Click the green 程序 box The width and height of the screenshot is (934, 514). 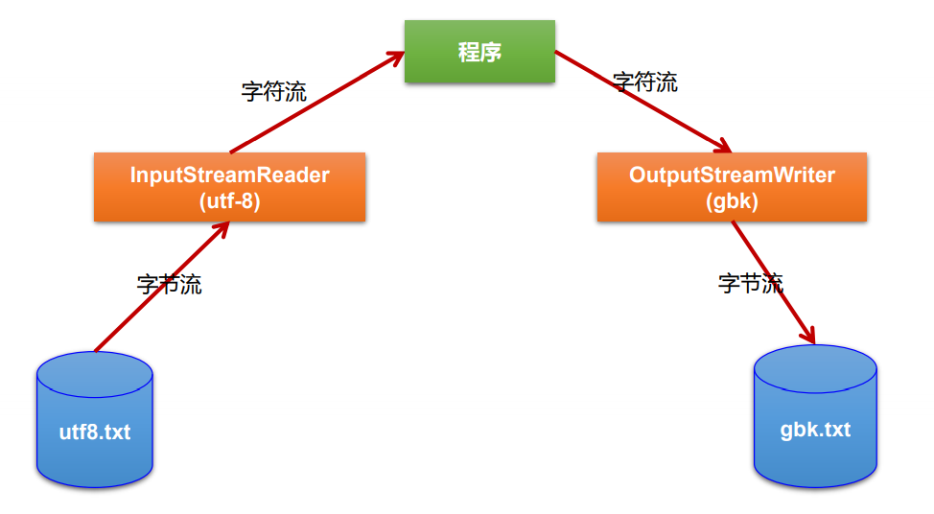pyautogui.click(x=479, y=52)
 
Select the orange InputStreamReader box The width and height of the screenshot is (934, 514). pyautogui.click(x=229, y=187)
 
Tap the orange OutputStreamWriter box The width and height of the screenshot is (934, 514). pyautogui.click(x=732, y=187)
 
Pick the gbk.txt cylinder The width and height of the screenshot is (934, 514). pyautogui.click(x=815, y=417)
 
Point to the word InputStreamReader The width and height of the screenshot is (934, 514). pyautogui.click(x=229, y=175)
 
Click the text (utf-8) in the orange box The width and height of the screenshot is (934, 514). pyautogui.click(x=229, y=201)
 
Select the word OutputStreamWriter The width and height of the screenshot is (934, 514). pyautogui.click(x=732, y=175)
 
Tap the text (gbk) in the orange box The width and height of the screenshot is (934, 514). pyautogui.click(x=732, y=201)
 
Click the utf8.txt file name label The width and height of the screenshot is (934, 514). pyautogui.click(x=94, y=432)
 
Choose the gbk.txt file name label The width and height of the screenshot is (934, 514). pyautogui.click(x=815, y=429)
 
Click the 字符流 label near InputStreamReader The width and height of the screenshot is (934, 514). pyautogui.click(x=274, y=92)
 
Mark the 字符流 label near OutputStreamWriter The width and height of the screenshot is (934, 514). pyautogui.click(x=645, y=82)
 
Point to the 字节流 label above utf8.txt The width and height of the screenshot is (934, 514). pyautogui.click(x=170, y=285)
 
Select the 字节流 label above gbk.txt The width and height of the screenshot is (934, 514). pyautogui.click(x=751, y=283)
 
